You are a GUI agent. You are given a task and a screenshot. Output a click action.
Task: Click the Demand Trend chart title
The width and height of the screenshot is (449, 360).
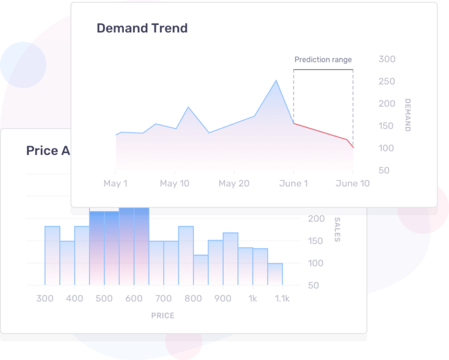click(142, 28)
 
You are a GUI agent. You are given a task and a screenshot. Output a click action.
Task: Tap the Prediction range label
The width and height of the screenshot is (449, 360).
click(323, 60)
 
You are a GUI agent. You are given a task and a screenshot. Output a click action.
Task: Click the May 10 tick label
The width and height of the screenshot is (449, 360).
click(174, 184)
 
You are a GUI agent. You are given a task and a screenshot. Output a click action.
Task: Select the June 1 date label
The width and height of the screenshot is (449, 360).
click(293, 184)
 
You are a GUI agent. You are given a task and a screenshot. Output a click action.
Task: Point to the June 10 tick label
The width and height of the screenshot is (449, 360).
click(353, 184)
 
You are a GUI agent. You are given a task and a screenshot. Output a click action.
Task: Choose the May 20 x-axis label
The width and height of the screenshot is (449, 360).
click(234, 184)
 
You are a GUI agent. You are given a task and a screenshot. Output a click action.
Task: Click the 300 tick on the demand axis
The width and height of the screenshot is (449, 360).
click(387, 59)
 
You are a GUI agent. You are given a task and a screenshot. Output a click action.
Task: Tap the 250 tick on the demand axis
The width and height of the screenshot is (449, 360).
click(387, 81)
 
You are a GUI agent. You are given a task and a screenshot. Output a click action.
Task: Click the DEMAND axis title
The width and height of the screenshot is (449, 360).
click(407, 115)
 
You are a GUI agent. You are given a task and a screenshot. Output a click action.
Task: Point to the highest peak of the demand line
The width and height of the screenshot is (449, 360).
click(276, 81)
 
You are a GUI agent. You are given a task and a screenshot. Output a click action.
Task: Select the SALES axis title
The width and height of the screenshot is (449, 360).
click(337, 230)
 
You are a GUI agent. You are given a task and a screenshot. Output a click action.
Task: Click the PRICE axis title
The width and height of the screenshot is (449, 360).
click(163, 316)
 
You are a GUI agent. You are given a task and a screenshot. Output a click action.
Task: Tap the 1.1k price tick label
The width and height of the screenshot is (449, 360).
click(282, 299)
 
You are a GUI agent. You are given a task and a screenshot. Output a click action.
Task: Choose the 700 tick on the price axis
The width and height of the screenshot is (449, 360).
click(164, 299)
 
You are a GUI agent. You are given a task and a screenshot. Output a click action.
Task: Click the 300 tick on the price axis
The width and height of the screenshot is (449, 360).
click(45, 299)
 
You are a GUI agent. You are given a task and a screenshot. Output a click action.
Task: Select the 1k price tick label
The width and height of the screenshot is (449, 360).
click(253, 299)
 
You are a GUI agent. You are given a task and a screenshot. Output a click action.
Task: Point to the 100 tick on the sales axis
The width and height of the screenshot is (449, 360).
click(316, 263)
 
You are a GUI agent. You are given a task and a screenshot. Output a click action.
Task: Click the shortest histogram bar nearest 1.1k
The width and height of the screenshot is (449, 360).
click(275, 274)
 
